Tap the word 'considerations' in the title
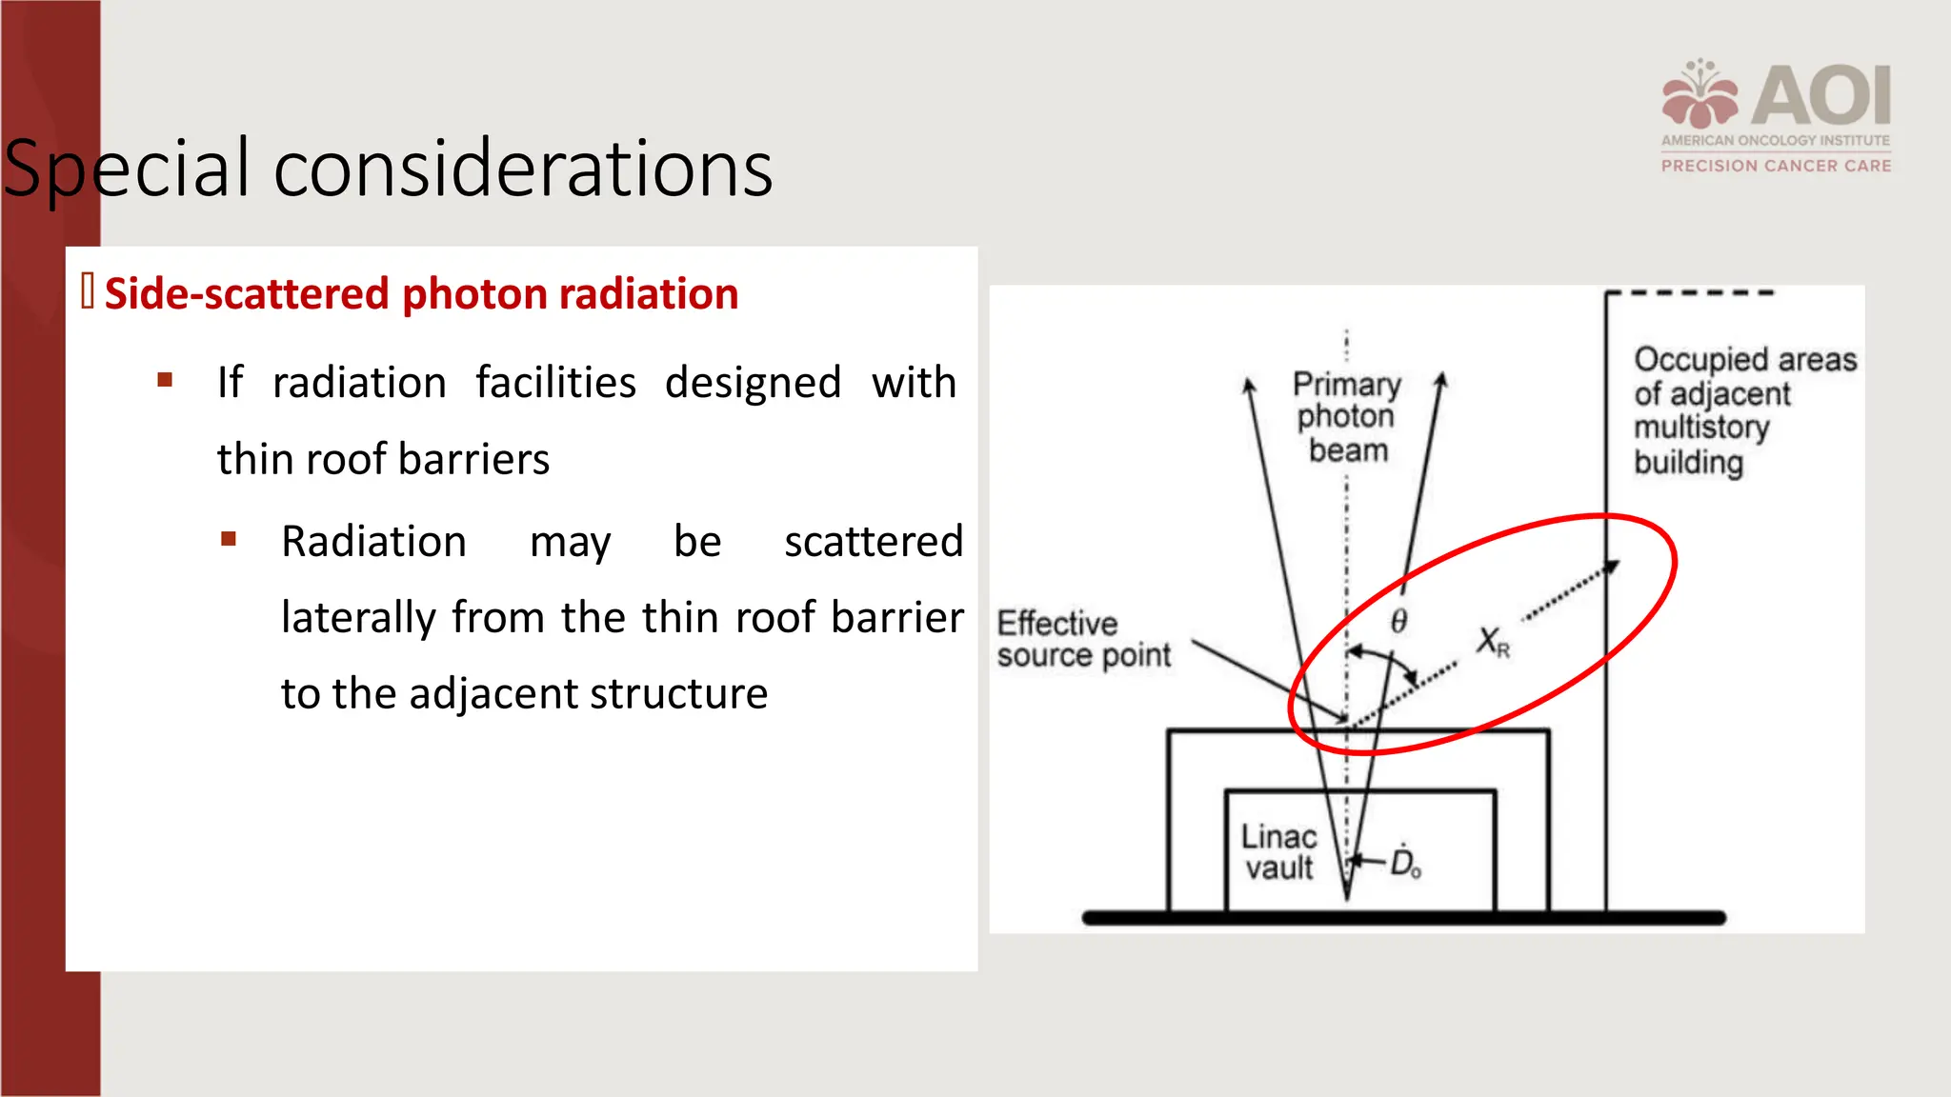tap(523, 170)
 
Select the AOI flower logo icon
tap(1700, 95)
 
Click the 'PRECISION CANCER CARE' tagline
tap(1776, 166)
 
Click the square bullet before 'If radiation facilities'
tap(165, 381)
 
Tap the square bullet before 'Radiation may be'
tap(229, 540)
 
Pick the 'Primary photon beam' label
tap(1347, 417)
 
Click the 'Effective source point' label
tap(1083, 639)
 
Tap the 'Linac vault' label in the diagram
tap(1278, 852)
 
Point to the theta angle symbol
tap(1398, 622)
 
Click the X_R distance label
tap(1492, 642)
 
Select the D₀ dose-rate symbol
tap(1405, 862)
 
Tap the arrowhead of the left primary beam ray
tap(1248, 385)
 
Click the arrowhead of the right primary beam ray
tap(1441, 380)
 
